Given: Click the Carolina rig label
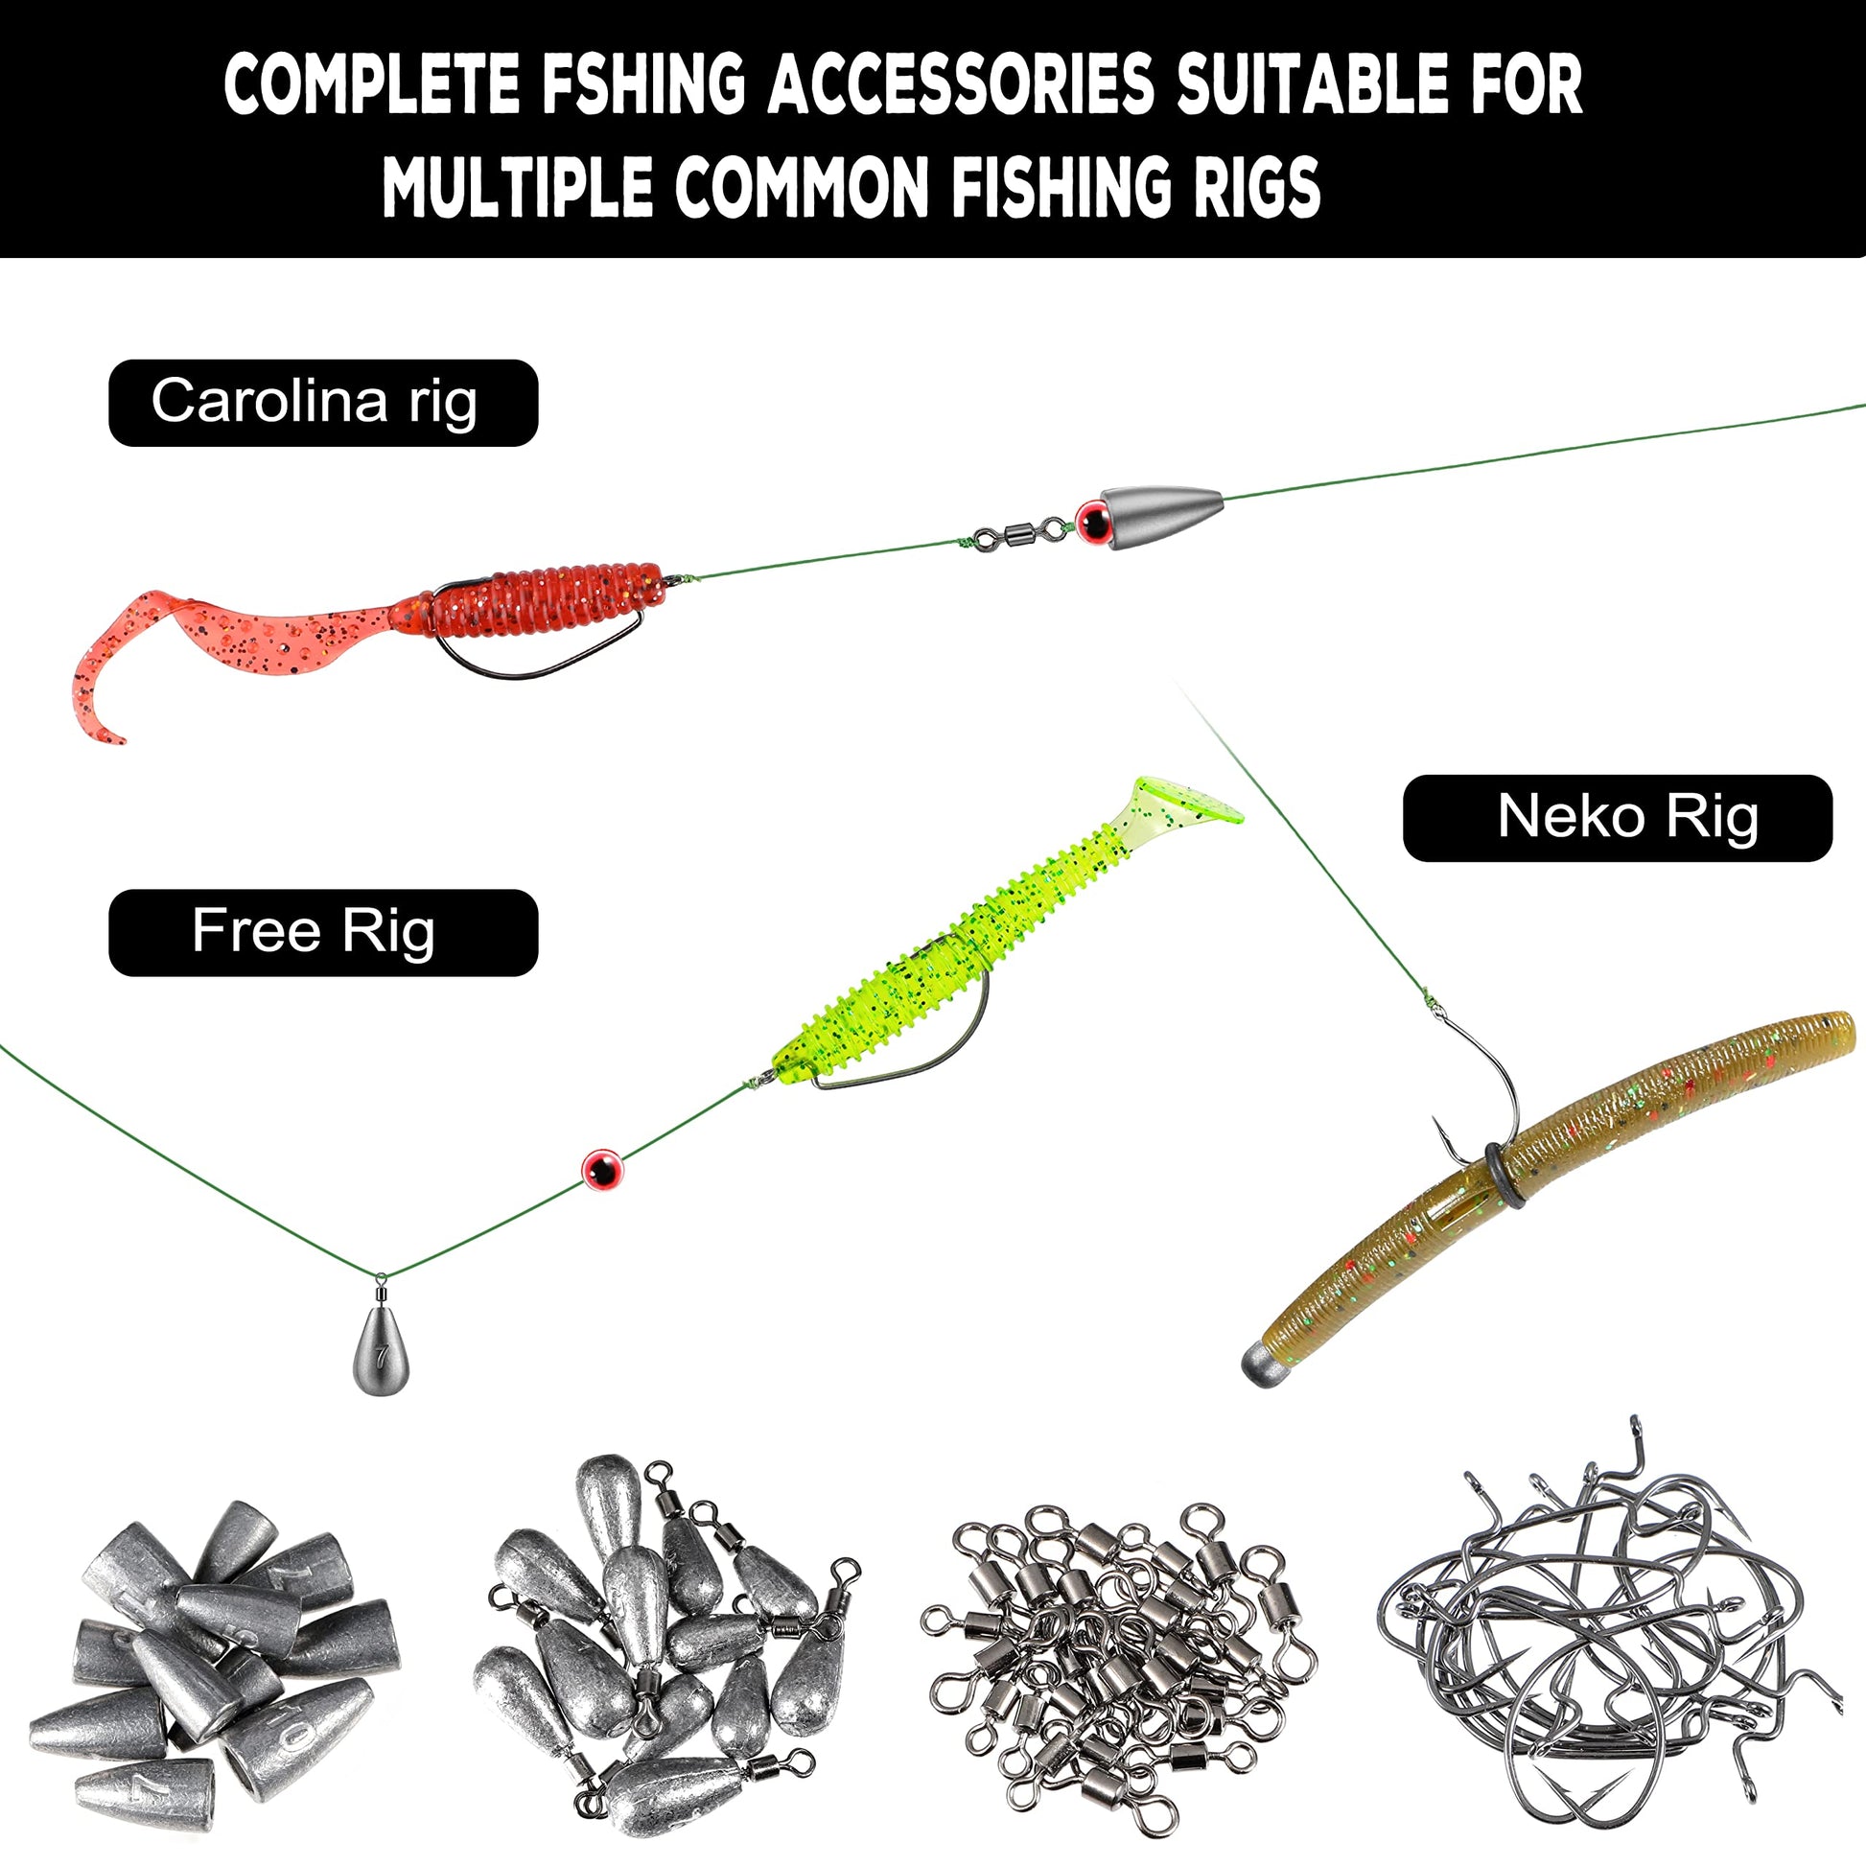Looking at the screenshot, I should click(322, 402).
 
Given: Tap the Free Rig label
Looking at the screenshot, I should click(322, 932).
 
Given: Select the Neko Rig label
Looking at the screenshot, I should click(1617, 817).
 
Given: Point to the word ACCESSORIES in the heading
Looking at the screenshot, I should click(961, 84).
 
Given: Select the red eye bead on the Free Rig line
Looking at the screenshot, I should click(603, 1170).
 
